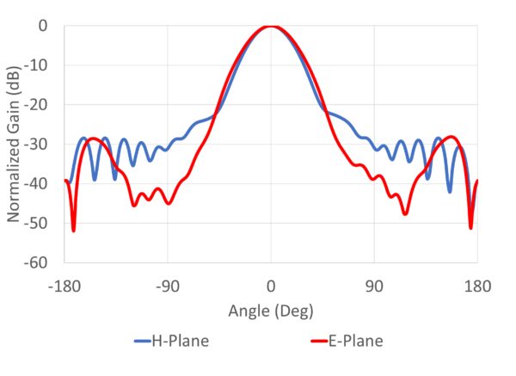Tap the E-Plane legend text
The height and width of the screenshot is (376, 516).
click(x=355, y=342)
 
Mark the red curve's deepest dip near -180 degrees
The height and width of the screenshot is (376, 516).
click(x=73, y=230)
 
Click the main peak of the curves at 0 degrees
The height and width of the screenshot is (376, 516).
click(x=271, y=27)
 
